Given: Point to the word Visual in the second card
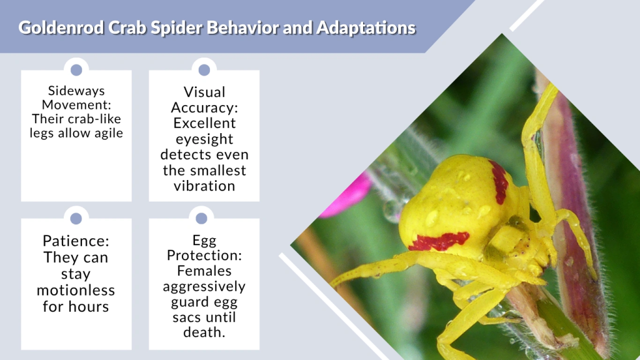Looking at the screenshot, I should click(x=204, y=92).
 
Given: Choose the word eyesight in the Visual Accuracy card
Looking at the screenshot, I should click(x=204, y=139).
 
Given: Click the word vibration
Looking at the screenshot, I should click(x=204, y=186).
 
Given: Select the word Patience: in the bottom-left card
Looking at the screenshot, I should click(x=76, y=241).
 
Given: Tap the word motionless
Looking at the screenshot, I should click(x=76, y=290).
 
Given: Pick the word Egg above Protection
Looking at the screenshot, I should click(x=204, y=239).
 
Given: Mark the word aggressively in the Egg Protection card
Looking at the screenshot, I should click(x=204, y=286).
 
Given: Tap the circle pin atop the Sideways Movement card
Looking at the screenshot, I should click(x=76, y=70).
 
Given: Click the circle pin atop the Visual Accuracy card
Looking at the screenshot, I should click(x=204, y=70).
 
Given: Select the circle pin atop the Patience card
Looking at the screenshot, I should click(x=76, y=218).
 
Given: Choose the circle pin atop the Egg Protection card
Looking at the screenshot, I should click(x=201, y=218).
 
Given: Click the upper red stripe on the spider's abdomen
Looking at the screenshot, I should click(x=499, y=182).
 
